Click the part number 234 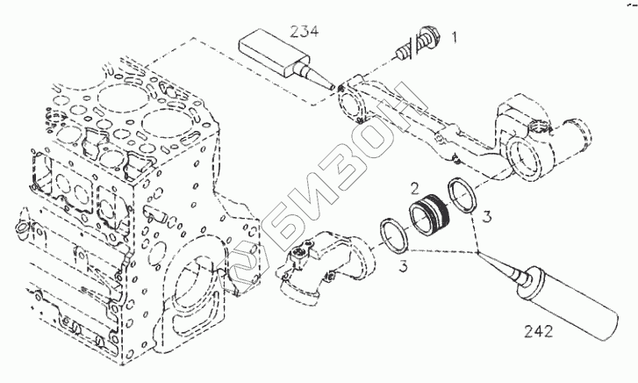point(305,31)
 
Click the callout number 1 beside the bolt point(455,37)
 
